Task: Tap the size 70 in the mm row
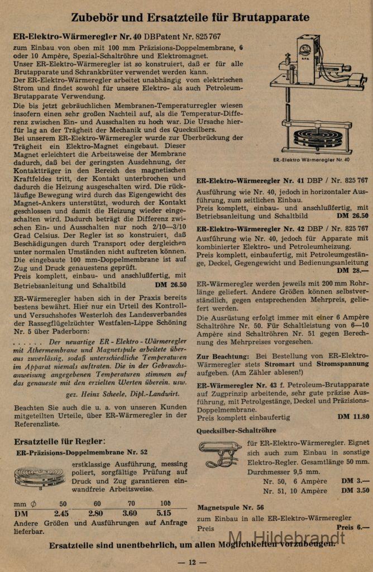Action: (131, 503)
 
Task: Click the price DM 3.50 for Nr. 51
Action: (355, 490)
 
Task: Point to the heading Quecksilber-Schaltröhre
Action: (236, 431)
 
